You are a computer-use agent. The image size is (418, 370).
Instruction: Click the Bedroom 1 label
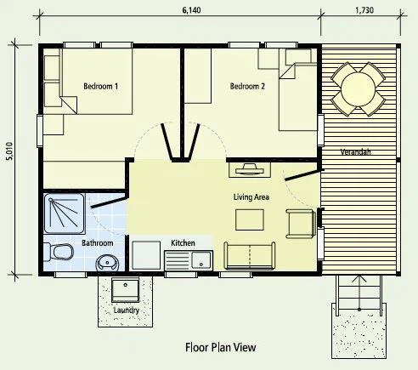click(x=101, y=86)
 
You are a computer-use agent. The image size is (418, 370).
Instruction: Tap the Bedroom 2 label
click(x=247, y=86)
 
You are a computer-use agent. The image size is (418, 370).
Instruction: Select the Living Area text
click(x=251, y=196)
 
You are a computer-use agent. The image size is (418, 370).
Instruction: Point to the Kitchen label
click(x=183, y=243)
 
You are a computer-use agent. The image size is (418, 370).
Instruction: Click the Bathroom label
click(x=98, y=243)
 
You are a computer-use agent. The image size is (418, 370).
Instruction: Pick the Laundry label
click(x=127, y=310)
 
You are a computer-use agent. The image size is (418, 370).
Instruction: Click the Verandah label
click(x=356, y=152)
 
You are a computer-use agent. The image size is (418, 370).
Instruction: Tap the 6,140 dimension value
click(x=191, y=10)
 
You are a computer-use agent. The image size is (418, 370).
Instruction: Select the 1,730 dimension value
click(x=364, y=10)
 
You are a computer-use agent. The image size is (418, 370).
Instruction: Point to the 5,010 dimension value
click(x=9, y=151)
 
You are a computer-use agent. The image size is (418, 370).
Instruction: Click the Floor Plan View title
click(x=221, y=347)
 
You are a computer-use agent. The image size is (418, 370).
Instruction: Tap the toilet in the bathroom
click(x=59, y=252)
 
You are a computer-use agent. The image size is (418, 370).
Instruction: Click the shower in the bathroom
click(x=65, y=213)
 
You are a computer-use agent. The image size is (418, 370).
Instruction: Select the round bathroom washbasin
click(x=107, y=263)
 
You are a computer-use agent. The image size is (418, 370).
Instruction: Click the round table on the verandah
click(x=359, y=89)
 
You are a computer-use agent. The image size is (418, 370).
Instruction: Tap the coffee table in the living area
click(x=250, y=219)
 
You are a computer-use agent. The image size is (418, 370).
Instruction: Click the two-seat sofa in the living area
click(x=250, y=255)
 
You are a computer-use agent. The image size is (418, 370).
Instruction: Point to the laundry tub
click(x=125, y=290)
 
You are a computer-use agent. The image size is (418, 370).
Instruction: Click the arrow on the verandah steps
click(x=359, y=293)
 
